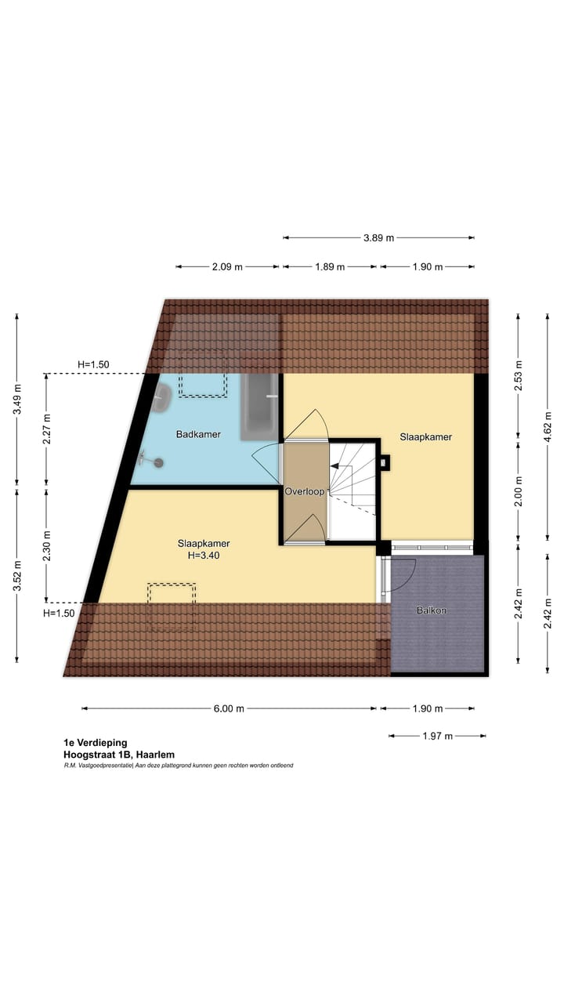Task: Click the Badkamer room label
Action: (198, 434)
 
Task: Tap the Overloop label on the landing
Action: (305, 492)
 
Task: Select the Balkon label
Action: (431, 610)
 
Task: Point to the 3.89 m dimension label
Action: (378, 237)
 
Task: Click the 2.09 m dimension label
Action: (227, 266)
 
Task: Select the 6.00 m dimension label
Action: (229, 708)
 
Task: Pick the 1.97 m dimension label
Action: (436, 736)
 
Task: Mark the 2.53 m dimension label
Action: (518, 375)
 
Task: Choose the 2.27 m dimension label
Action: (46, 428)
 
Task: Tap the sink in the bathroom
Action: (161, 398)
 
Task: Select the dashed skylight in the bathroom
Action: (203, 384)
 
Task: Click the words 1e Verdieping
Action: (96, 743)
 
